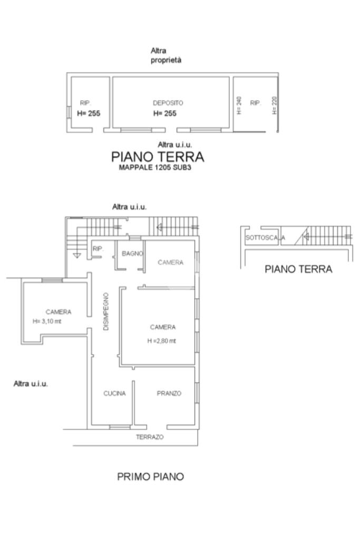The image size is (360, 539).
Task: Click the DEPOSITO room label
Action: click(x=168, y=103)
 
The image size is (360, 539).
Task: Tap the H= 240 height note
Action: click(x=239, y=105)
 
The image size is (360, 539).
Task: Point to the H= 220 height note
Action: click(x=275, y=105)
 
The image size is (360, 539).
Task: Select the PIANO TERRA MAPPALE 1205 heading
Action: click(x=158, y=161)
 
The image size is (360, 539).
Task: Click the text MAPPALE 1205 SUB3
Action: click(x=155, y=168)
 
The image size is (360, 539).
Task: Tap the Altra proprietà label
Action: click(x=166, y=55)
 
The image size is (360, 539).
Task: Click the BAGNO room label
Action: click(x=132, y=253)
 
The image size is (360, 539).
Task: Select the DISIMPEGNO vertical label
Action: click(x=106, y=311)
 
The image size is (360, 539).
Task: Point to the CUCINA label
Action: click(x=114, y=393)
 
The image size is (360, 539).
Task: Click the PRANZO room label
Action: click(x=169, y=393)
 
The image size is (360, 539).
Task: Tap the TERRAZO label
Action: click(x=150, y=437)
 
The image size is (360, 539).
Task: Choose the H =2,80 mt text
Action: click(x=162, y=341)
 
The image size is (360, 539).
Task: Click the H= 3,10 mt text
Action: click(x=47, y=321)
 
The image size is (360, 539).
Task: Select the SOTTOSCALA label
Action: click(x=265, y=238)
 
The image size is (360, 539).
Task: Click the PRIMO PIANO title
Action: click(x=151, y=476)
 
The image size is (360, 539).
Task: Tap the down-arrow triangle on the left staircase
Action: click(x=77, y=256)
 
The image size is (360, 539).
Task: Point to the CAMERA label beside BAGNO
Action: click(x=171, y=262)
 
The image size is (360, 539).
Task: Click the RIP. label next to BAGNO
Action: click(x=98, y=249)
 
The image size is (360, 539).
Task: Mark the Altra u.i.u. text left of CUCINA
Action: click(x=31, y=384)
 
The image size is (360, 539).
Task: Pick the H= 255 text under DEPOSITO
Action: click(x=164, y=113)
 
